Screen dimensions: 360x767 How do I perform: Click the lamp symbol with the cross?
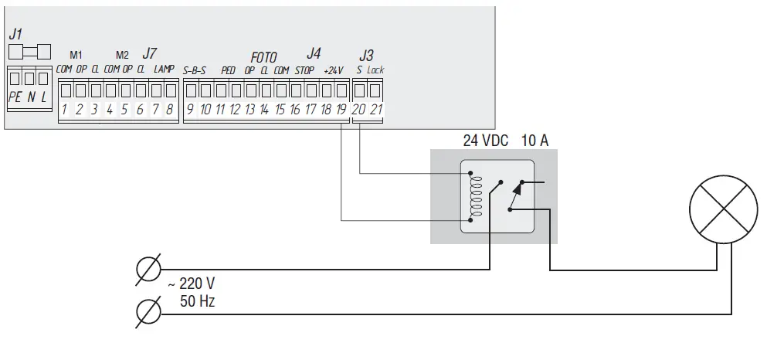[x=722, y=209]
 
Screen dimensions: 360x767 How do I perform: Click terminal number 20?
[x=359, y=110]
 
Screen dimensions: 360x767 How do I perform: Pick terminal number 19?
[x=341, y=110]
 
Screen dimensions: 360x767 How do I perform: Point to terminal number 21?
[x=376, y=110]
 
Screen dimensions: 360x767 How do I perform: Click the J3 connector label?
[x=366, y=56]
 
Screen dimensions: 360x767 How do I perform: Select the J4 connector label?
[x=313, y=53]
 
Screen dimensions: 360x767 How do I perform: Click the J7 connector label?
[x=149, y=54]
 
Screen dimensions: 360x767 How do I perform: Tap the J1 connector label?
[x=15, y=35]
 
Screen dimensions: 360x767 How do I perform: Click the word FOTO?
[x=263, y=58]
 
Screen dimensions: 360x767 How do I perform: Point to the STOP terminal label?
[x=304, y=70]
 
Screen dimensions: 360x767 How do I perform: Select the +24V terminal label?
[x=334, y=70]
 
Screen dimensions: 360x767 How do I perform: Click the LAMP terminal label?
[x=164, y=70]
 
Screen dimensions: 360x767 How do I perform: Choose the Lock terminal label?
[x=375, y=70]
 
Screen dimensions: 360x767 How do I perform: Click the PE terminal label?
[x=15, y=97]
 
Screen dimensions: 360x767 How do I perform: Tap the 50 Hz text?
[x=197, y=302]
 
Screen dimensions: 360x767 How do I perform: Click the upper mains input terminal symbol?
[x=148, y=270]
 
